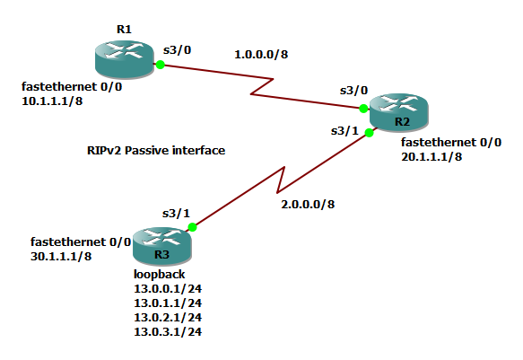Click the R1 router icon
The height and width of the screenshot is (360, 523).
pyautogui.click(x=125, y=59)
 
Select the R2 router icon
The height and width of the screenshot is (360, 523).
pyautogui.click(x=399, y=112)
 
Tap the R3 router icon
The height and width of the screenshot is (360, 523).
pyautogui.click(x=162, y=246)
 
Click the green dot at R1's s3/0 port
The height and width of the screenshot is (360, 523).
pyautogui.click(x=161, y=65)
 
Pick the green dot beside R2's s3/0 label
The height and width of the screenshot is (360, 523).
pyautogui.click(x=363, y=109)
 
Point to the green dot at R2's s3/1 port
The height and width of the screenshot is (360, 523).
pyautogui.click(x=369, y=133)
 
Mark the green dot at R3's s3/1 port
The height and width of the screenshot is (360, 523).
pyautogui.click(x=193, y=227)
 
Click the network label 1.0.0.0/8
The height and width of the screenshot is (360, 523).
pyautogui.click(x=261, y=55)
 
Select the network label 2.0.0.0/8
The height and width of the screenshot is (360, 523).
pyautogui.click(x=308, y=204)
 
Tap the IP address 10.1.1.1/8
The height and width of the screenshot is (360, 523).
pyautogui.click(x=52, y=101)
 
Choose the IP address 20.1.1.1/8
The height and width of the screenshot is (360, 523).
pyautogui.click(x=431, y=156)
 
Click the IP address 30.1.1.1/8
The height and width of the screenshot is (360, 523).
pyautogui.click(x=61, y=256)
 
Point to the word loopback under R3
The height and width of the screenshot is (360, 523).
pyautogui.click(x=159, y=274)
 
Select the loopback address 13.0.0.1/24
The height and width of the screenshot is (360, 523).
pyautogui.click(x=168, y=288)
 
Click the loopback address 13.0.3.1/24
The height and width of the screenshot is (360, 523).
pyautogui.click(x=168, y=331)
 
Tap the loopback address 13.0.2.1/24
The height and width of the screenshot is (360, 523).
pyautogui.click(x=168, y=317)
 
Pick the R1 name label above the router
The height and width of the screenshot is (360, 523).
pyautogui.click(x=124, y=30)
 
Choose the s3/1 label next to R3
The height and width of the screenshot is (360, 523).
pyautogui.click(x=176, y=213)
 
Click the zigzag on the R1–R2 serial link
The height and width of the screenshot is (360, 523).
pyautogui.click(x=262, y=87)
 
